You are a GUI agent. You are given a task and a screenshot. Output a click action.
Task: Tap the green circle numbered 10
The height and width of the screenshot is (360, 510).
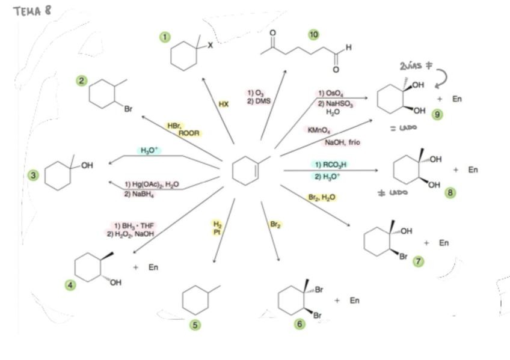pyautogui.click(x=313, y=34)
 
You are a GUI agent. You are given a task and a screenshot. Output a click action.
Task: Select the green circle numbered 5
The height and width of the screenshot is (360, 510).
pyautogui.click(x=195, y=325)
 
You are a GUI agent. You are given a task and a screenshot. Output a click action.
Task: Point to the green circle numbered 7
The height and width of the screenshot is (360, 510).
pyautogui.click(x=418, y=261)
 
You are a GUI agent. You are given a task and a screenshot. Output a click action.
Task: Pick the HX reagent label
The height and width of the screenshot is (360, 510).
pyautogui.click(x=223, y=104)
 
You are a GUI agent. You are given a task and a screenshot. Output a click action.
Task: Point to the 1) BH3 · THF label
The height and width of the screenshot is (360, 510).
pyautogui.click(x=131, y=225)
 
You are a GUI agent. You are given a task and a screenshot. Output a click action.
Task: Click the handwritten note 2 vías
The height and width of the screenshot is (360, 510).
pyautogui.click(x=412, y=67)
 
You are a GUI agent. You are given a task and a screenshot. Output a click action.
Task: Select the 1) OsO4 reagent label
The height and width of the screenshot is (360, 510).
pyautogui.click(x=330, y=93)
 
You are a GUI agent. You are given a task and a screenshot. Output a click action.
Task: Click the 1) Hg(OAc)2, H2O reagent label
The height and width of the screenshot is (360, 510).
pyautogui.click(x=152, y=185)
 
